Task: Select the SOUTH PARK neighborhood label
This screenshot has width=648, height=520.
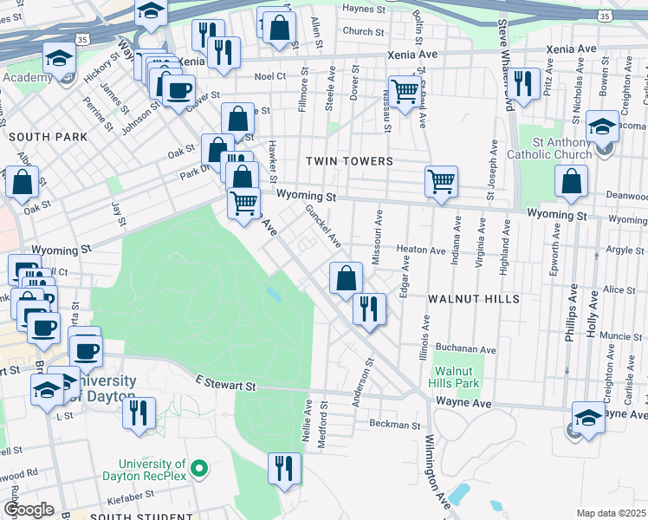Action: (x=48, y=137)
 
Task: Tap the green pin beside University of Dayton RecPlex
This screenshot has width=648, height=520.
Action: (x=199, y=471)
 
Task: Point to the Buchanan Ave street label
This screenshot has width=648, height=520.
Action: (x=466, y=350)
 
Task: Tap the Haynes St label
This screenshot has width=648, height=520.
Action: (x=363, y=10)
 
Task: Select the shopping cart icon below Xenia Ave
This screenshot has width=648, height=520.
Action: (x=405, y=90)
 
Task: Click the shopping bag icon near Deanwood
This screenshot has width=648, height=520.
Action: (x=572, y=181)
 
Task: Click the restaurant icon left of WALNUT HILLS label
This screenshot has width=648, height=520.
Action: (x=370, y=309)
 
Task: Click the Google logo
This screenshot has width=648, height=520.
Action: (x=29, y=510)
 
